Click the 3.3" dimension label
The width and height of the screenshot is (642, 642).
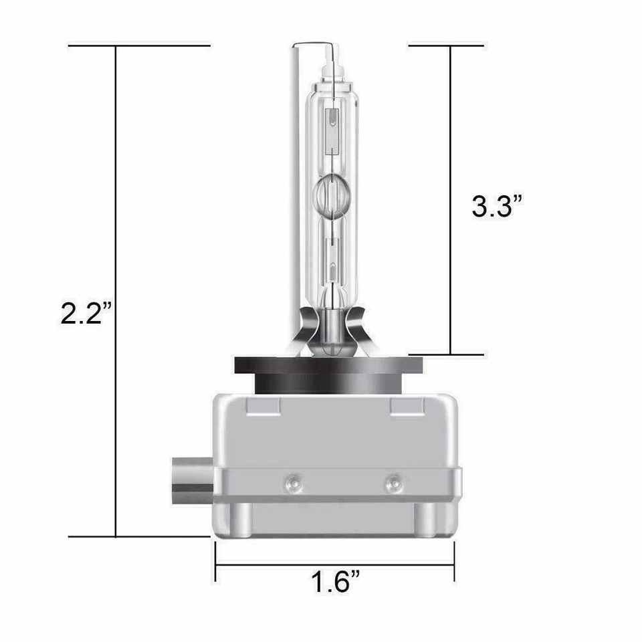click(498, 206)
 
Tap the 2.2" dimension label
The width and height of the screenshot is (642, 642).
click(86, 313)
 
